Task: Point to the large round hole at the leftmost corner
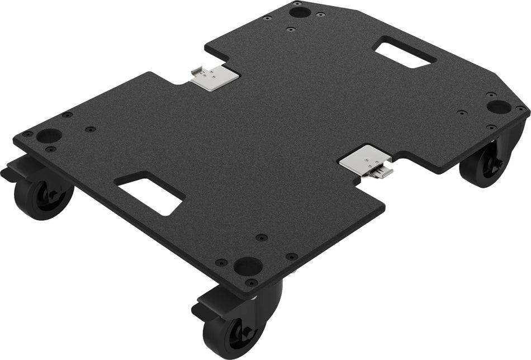[x=50, y=135]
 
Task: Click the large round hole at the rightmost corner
[x=498, y=106]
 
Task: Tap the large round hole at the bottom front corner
[x=248, y=264]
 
